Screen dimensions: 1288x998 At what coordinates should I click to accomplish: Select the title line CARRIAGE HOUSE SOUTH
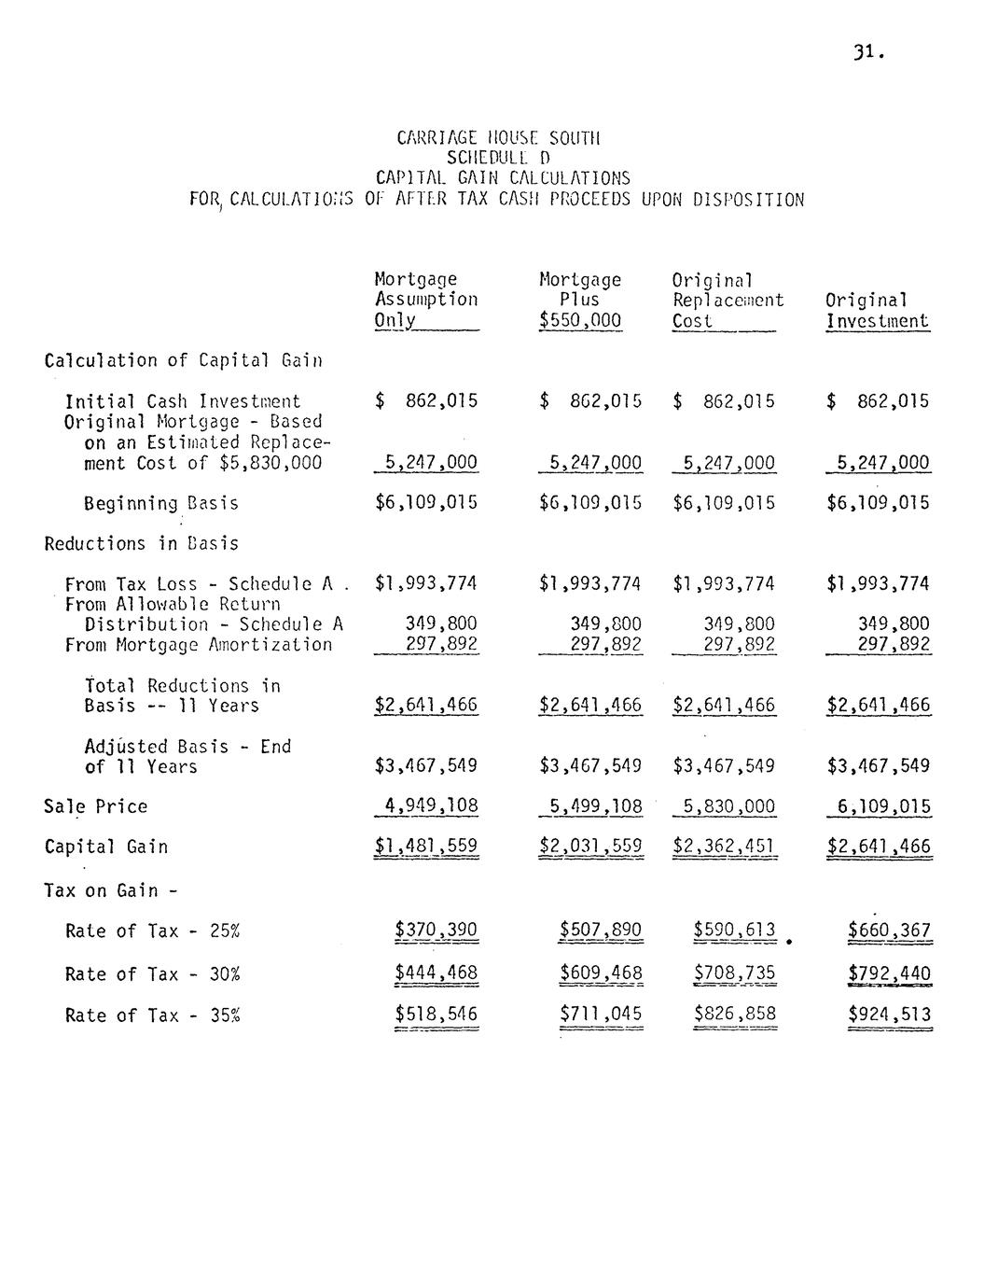click(498, 138)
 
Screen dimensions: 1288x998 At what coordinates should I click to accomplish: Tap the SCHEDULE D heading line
click(498, 158)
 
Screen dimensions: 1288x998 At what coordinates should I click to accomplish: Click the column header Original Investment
click(877, 311)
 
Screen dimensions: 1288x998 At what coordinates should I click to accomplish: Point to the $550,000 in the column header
click(579, 321)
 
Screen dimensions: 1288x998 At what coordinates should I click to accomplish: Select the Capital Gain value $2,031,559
click(590, 847)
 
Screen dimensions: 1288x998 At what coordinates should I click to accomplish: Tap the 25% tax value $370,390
click(436, 930)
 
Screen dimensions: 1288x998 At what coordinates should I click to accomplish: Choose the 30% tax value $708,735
click(734, 973)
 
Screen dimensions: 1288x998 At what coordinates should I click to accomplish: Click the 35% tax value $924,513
click(888, 1015)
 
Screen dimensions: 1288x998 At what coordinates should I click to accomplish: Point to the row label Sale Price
click(95, 806)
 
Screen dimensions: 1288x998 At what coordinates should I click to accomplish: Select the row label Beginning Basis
click(160, 504)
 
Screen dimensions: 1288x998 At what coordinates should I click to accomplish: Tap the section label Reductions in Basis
click(141, 544)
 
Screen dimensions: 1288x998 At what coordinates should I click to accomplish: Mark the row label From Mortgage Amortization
click(198, 645)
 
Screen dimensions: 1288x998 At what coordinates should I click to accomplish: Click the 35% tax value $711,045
click(601, 1015)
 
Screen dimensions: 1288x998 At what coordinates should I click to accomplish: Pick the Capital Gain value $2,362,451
click(724, 847)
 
